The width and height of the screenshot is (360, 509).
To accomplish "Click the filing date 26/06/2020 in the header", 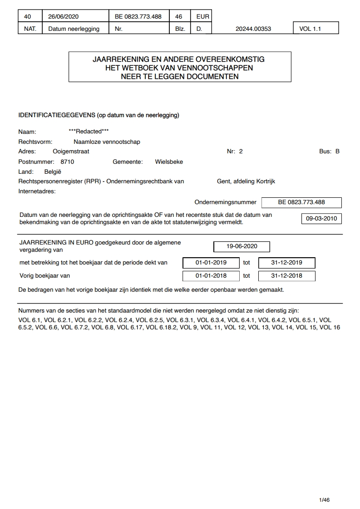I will [64, 17].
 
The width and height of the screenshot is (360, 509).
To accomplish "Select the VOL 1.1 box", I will [316, 29].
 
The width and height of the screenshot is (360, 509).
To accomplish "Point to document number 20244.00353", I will [253, 29].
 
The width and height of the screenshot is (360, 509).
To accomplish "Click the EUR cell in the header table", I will [202, 17].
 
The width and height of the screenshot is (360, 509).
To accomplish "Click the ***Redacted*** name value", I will [89, 132].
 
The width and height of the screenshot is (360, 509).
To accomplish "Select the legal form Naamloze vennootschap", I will [107, 142].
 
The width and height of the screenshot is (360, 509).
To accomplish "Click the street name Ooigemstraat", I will [71, 152].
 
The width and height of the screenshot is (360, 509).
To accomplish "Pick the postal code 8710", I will [67, 162].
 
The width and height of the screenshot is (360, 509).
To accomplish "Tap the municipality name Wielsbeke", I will [169, 162].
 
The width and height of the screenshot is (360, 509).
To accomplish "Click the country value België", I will [53, 172].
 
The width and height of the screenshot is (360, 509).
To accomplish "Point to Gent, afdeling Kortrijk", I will [246, 181].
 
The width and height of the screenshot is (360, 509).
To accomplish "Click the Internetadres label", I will [37, 191].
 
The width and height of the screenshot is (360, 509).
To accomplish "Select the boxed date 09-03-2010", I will [321, 218].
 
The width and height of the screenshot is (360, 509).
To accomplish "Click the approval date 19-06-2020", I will [242, 246].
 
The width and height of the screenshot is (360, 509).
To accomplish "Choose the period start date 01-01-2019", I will [211, 263].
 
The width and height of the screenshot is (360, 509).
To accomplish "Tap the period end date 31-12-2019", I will [286, 263].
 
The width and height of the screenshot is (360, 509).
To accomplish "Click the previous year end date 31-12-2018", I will [286, 276].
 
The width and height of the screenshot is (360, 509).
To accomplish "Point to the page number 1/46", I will [324, 500].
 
